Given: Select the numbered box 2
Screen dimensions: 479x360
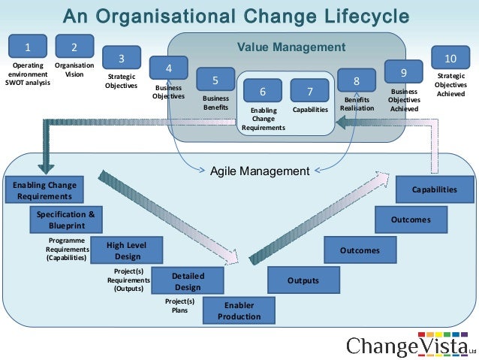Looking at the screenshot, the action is (x=74, y=48).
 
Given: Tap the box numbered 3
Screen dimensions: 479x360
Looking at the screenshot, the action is (x=122, y=59).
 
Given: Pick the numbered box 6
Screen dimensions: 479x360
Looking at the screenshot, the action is (x=263, y=91).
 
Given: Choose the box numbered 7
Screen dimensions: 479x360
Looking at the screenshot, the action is (x=310, y=91).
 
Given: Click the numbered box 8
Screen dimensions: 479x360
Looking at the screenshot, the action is (x=357, y=81).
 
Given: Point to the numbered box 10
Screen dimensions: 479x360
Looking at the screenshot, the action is (x=450, y=59).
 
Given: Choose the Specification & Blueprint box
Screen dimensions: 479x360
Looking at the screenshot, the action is (x=66, y=219).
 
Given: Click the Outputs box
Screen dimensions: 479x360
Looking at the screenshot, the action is (x=303, y=280).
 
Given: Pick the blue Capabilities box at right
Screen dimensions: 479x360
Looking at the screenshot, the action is (x=435, y=189).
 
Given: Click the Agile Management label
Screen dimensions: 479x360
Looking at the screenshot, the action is (x=260, y=171).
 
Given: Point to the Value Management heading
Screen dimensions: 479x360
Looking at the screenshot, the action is (x=292, y=47).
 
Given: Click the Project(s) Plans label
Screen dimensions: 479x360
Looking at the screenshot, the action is (x=179, y=305).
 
